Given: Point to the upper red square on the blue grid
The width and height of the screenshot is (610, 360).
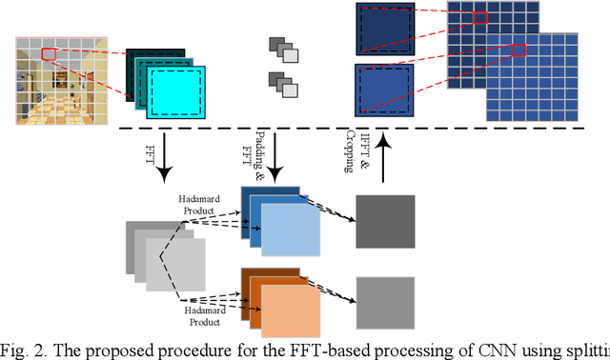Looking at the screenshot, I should [x=479, y=16].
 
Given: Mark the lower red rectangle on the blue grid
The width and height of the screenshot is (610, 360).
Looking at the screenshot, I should [x=518, y=50].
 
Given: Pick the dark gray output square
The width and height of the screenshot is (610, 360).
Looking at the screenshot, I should [x=384, y=223].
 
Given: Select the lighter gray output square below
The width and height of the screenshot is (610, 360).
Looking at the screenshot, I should [x=384, y=303].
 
